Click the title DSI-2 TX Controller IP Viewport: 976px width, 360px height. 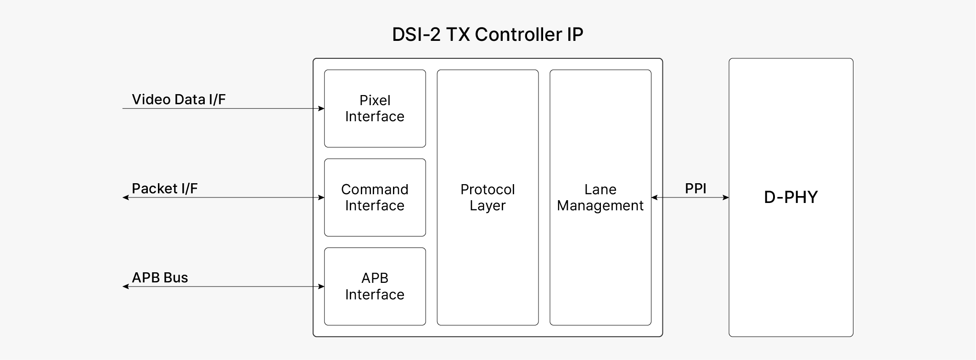point(488,34)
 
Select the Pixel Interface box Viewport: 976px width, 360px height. point(375,108)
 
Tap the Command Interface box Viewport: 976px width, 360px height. point(375,197)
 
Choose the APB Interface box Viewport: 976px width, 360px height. point(375,286)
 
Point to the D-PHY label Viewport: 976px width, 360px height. point(791,197)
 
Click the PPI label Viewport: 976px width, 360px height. point(696,188)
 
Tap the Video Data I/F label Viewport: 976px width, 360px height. point(179,99)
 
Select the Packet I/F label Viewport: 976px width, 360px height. point(164,188)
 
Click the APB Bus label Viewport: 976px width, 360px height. point(160,277)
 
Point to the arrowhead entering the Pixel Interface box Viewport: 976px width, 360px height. point(321,109)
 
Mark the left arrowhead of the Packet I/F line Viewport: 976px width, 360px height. point(125,197)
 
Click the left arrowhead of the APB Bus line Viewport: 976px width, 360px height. point(125,287)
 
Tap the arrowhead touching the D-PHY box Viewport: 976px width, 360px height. point(726,197)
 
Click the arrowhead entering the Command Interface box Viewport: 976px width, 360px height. point(321,197)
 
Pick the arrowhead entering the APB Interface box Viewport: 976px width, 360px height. point(321,287)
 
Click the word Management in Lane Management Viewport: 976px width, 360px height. point(600,206)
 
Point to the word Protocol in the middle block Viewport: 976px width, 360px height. point(488,189)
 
